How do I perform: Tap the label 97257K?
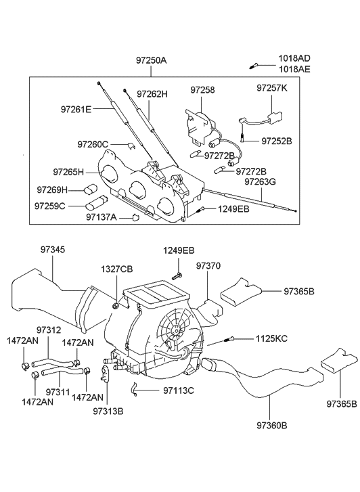tap(272, 89)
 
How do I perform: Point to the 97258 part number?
tap(202, 89)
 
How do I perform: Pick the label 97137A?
tap(102, 217)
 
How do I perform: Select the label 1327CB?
tap(116, 269)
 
